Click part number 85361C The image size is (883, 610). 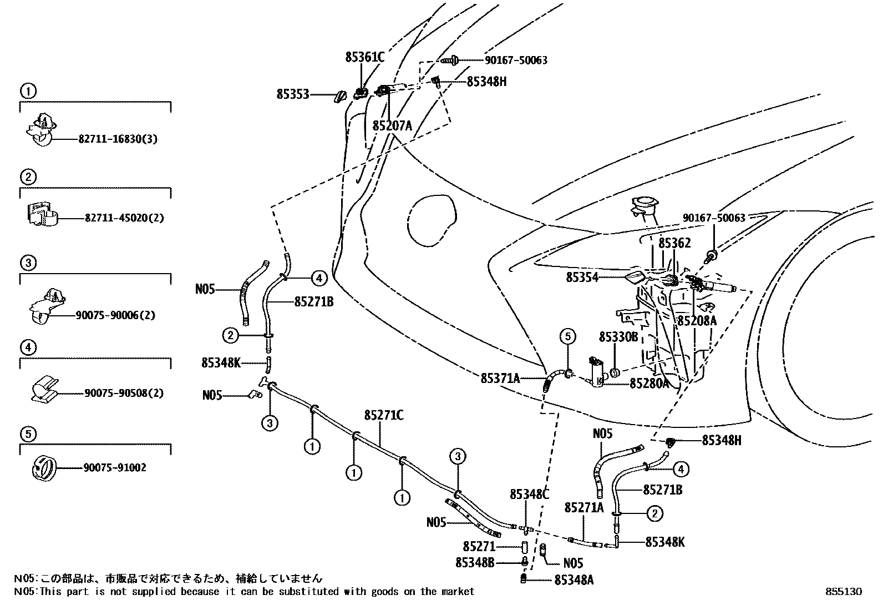[364, 57]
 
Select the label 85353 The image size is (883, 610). [292, 95]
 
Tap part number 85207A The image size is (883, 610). [392, 126]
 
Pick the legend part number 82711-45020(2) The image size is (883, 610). [124, 218]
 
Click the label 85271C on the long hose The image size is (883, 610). [384, 415]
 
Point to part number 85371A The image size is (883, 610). [500, 379]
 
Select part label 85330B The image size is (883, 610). [618, 337]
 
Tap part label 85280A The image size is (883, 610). [649, 384]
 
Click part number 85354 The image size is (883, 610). [582, 277]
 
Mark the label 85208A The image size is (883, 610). [697, 321]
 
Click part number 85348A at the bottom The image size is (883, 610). [574, 580]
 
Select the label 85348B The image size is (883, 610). [475, 563]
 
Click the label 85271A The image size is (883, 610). [583, 508]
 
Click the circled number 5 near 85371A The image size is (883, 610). [567, 336]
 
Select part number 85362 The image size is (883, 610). [674, 243]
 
